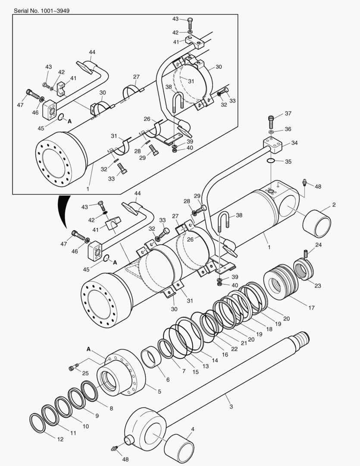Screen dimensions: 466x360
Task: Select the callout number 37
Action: pos(288,113)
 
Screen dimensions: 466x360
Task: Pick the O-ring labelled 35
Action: pos(271,161)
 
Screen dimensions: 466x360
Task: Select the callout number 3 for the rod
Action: pos(231,406)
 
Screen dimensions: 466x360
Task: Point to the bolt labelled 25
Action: pos(73,368)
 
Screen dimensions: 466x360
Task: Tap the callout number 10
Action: pos(85,426)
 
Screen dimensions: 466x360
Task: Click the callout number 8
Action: pos(111,408)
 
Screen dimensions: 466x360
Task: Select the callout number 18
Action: pos(269,329)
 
